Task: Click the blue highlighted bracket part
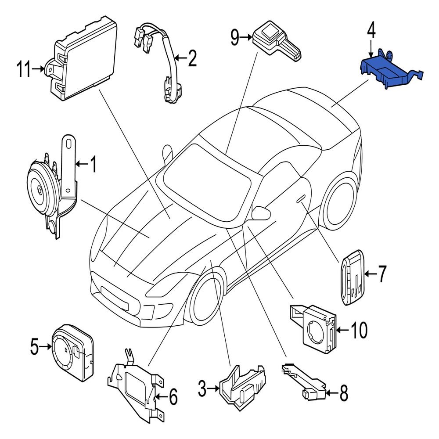pos(386,72)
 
